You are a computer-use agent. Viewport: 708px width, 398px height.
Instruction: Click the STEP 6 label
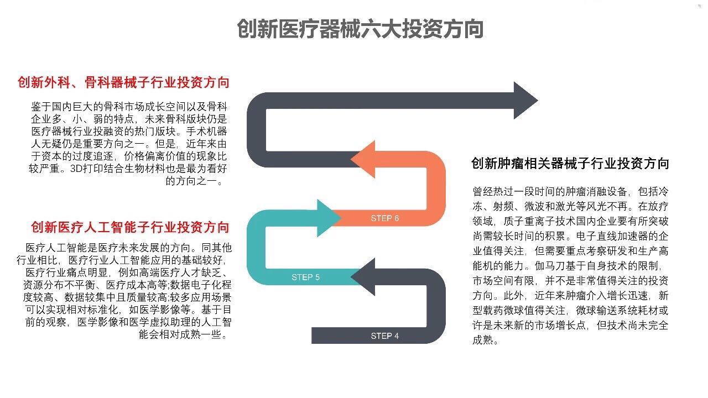click(384, 218)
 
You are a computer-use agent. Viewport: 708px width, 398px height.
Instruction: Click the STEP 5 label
click(305, 277)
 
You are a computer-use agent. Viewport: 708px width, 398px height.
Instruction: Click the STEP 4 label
click(384, 336)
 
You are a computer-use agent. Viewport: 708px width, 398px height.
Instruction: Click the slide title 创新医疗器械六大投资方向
click(360, 29)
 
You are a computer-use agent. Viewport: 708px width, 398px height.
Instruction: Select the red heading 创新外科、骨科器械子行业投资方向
click(123, 83)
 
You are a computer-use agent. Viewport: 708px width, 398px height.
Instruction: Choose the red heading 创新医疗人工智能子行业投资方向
click(130, 227)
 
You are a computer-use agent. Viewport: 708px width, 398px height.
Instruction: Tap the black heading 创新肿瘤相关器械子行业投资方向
click(570, 164)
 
